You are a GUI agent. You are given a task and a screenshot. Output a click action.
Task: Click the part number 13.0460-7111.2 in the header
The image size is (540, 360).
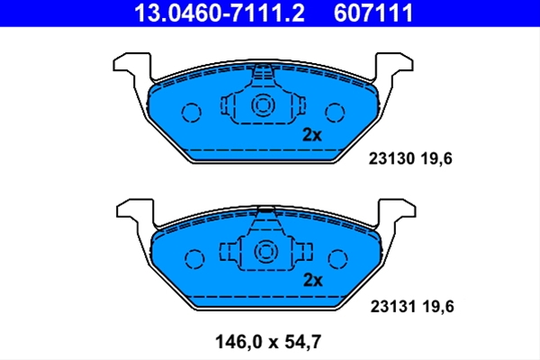pos(220,13)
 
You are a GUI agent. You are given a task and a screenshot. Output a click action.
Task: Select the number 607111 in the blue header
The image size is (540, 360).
pos(373,13)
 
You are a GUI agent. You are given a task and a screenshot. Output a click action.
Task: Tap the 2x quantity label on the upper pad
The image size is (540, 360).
pos(311,135)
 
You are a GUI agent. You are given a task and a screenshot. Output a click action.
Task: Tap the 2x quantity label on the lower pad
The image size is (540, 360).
pos(312,280)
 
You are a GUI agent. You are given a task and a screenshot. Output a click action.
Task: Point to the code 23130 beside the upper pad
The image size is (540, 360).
pos(391,158)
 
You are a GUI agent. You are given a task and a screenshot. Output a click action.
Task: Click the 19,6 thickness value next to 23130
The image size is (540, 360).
pos(436,159)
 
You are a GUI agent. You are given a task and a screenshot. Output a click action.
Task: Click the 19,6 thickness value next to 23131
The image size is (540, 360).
pos(438,307)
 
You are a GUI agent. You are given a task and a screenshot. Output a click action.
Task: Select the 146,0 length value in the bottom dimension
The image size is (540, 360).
pos(239,342)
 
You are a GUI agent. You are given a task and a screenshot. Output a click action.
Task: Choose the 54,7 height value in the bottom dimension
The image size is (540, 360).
pos(303,342)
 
